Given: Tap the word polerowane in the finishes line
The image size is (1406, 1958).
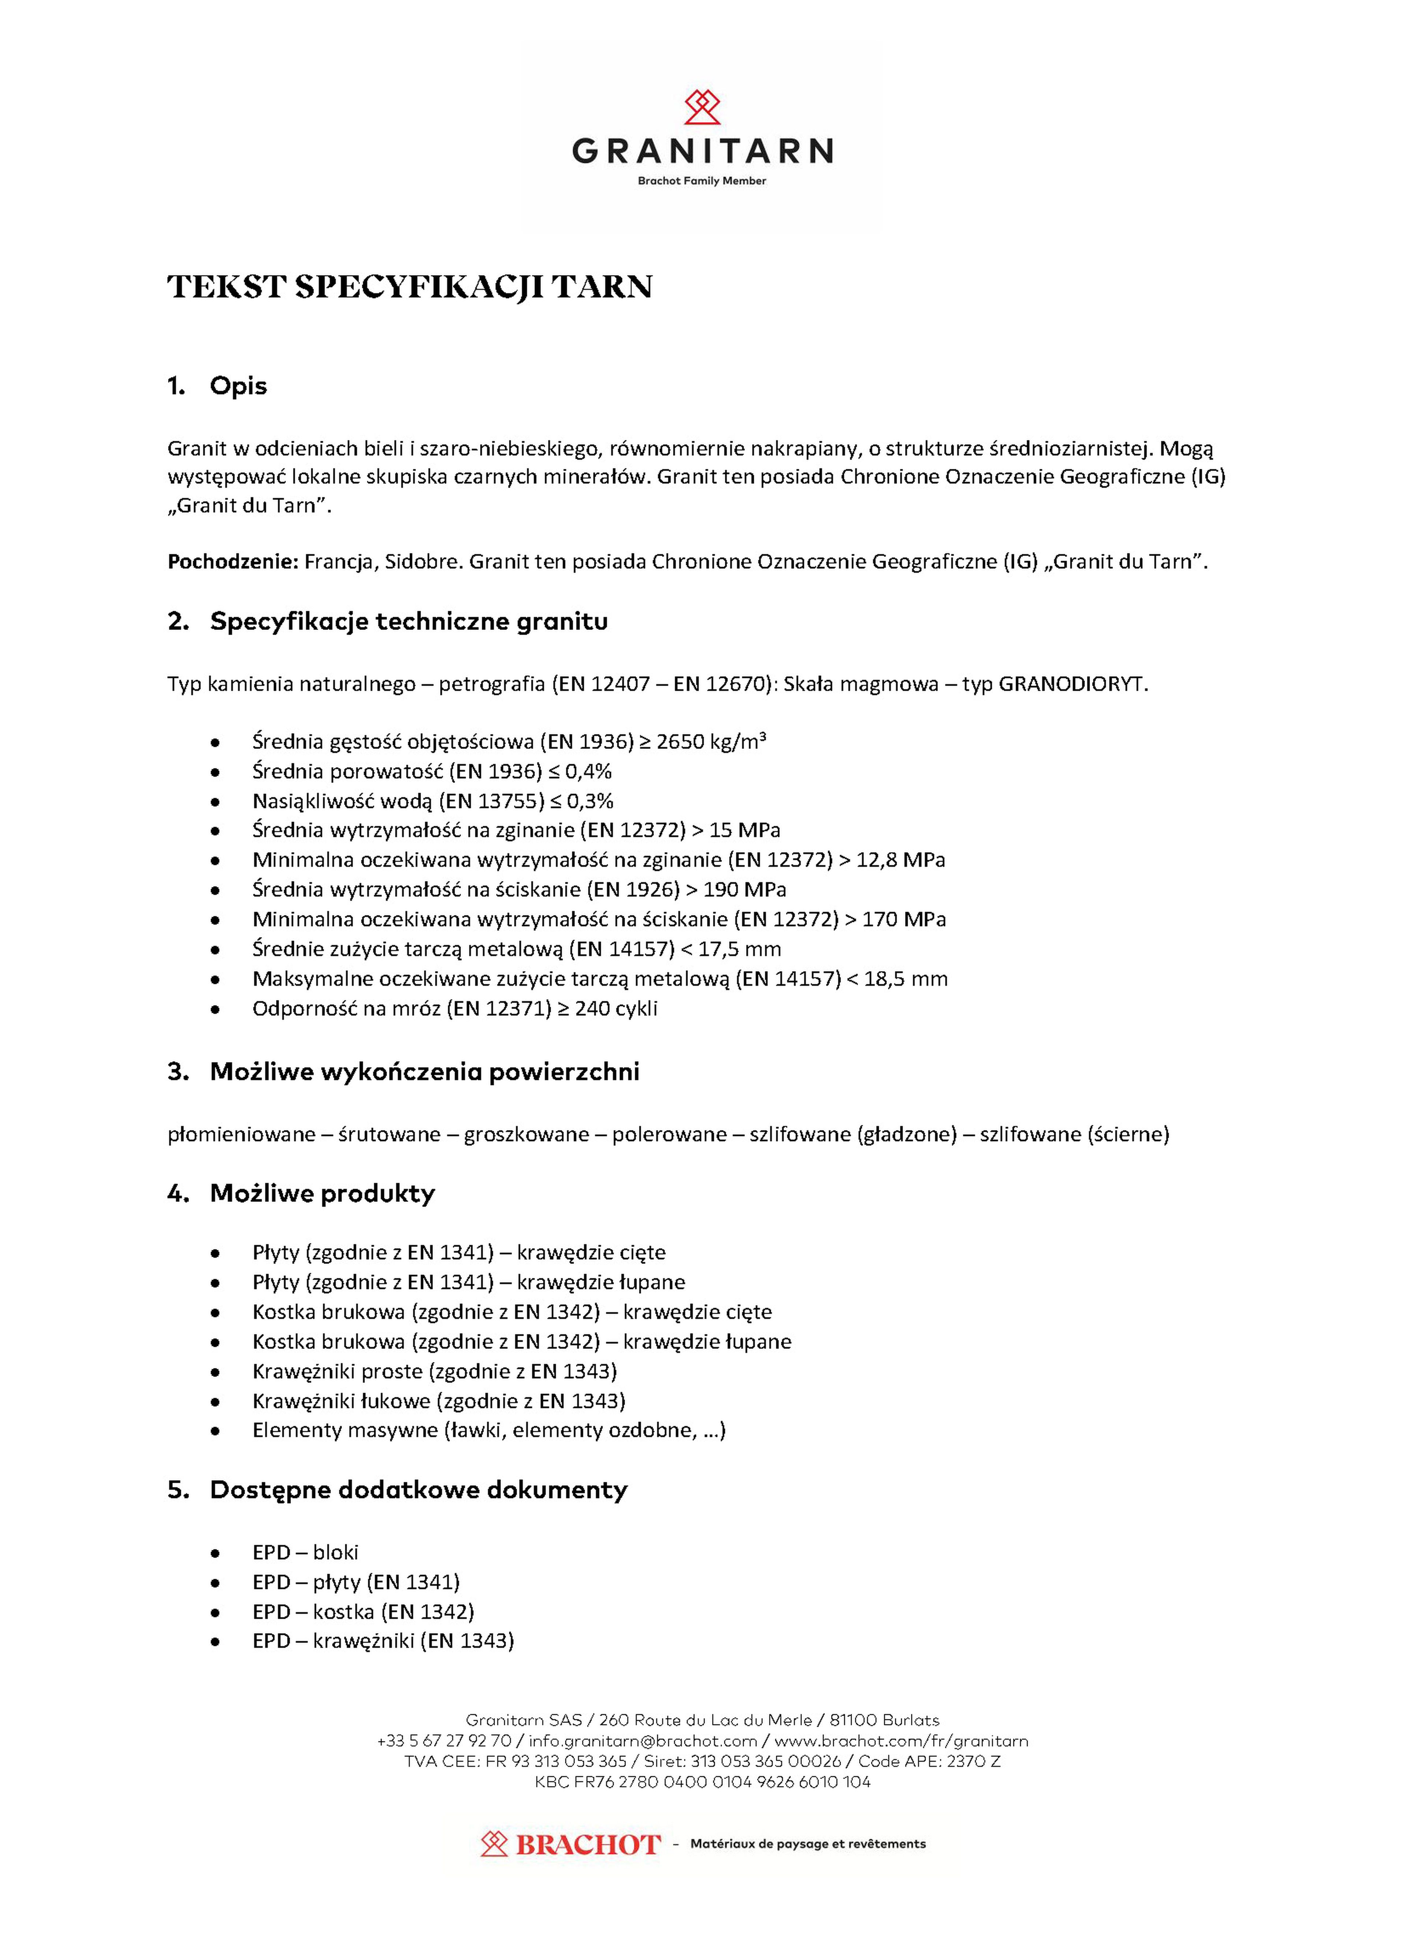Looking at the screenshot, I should click(x=669, y=1134).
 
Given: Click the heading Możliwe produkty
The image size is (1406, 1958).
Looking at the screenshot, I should click(x=322, y=1194).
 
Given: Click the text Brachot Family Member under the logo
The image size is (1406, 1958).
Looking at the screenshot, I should click(x=701, y=181).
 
